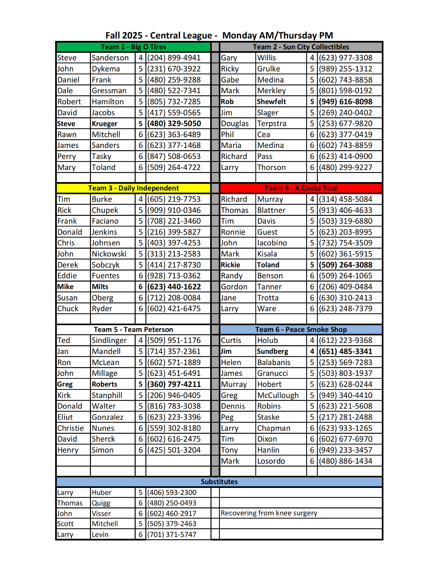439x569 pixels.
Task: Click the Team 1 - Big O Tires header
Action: [133, 47]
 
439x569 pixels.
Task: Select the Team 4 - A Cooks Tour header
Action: [301, 188]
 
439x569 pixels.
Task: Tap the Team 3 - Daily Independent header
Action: [133, 188]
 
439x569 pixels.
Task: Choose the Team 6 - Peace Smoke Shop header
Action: [301, 330]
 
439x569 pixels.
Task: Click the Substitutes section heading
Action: [219, 482]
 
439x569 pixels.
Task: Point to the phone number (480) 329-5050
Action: [174, 124]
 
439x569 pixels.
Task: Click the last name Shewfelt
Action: [271, 102]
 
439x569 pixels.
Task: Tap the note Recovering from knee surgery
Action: [269, 513]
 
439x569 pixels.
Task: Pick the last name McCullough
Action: [278, 395]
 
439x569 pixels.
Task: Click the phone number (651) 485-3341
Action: [345, 352]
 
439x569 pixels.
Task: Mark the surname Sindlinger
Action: [109, 341]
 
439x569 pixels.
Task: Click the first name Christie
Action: [71, 428]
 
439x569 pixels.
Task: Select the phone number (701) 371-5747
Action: [172, 535]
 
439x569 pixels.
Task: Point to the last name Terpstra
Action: [271, 124]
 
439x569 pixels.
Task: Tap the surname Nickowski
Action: [109, 254]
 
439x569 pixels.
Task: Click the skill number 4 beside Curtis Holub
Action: [312, 341]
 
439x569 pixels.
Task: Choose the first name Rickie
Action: [231, 265]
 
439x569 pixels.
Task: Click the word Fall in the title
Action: [114, 36]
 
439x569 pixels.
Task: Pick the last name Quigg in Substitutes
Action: [101, 503]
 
